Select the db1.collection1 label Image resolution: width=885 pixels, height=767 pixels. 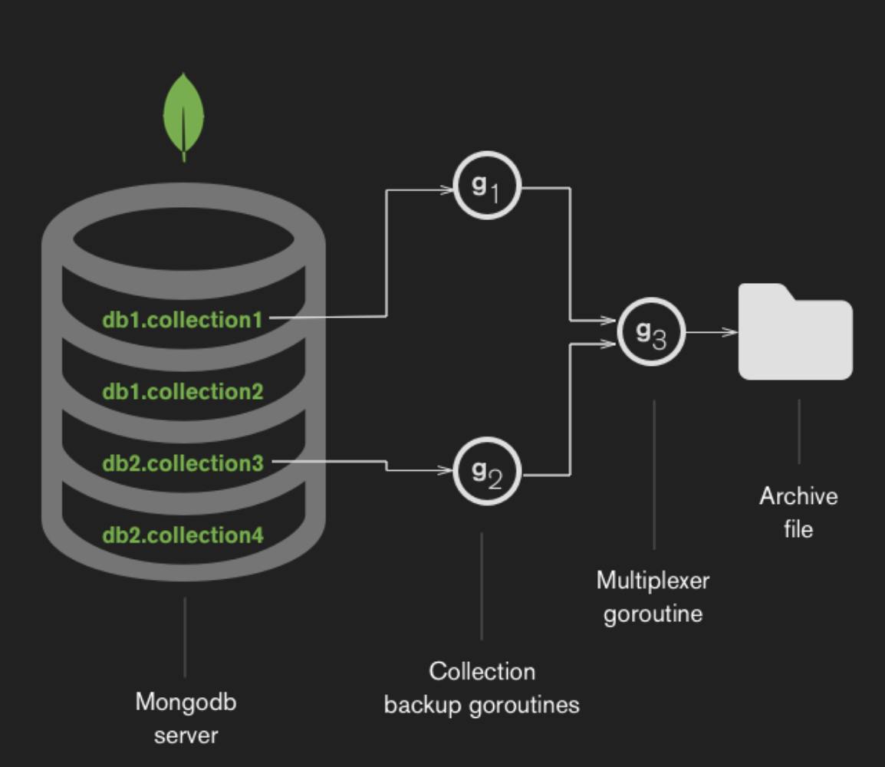point(183,319)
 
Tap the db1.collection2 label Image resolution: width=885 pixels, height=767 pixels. point(183,391)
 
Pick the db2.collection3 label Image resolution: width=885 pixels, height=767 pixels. point(183,463)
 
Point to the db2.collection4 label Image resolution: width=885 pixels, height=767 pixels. point(183,535)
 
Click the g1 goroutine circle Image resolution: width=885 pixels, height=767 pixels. point(488,186)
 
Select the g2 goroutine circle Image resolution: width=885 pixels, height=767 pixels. point(488,472)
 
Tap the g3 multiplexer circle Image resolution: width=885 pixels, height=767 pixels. point(651,331)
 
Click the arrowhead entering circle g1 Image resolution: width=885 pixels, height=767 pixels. point(447,189)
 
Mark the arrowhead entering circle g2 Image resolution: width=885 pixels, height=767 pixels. point(447,469)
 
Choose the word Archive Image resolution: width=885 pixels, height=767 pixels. point(798,496)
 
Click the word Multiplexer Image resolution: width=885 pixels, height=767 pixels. point(653,581)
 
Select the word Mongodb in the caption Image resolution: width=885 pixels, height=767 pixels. point(186,702)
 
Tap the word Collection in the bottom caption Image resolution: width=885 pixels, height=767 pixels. point(482,671)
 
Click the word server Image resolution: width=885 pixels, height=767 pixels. point(186,736)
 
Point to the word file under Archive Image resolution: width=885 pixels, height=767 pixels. point(798,529)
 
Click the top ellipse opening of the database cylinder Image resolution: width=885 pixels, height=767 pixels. point(183,239)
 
